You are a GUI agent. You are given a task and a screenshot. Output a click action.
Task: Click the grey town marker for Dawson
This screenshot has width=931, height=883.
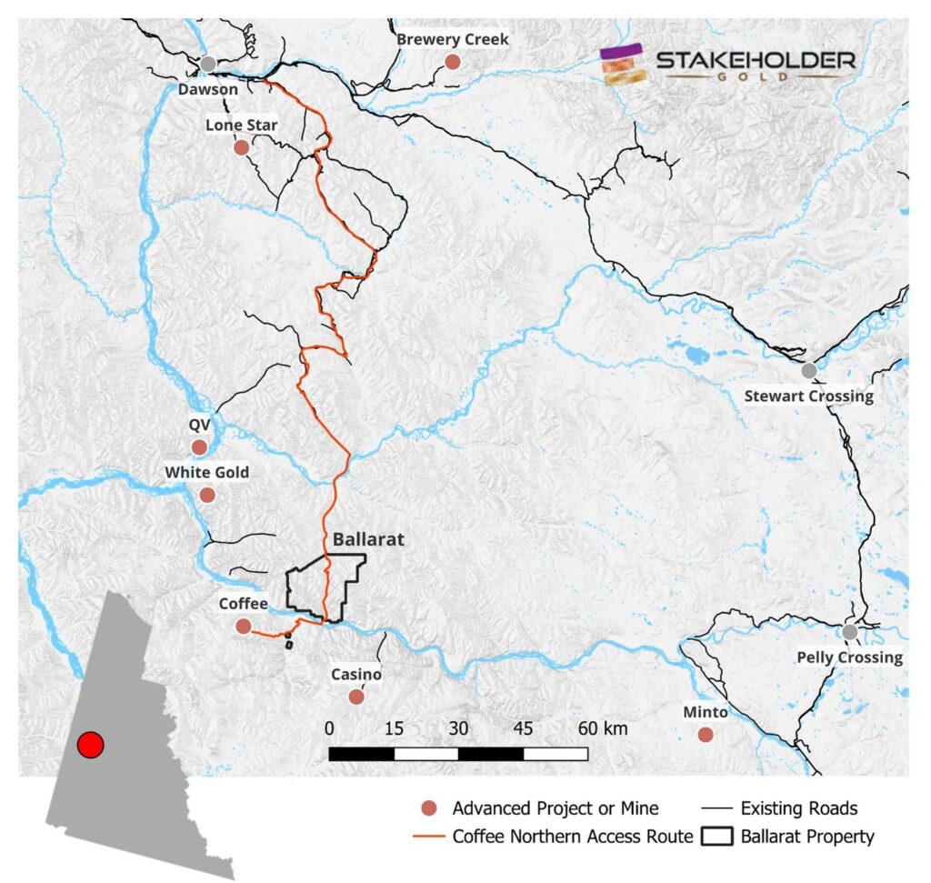pos(208,64)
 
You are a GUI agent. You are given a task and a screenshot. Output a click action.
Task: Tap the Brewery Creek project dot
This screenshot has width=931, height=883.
pos(452,62)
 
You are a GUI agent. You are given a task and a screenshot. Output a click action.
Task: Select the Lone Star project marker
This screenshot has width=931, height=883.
pos(241,147)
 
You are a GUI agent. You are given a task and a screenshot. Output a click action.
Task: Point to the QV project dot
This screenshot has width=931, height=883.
pos(199,447)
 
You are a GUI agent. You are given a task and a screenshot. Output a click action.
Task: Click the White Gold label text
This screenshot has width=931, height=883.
pos(206,473)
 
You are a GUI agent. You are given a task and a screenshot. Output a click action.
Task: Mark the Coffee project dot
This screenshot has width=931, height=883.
pos(244,626)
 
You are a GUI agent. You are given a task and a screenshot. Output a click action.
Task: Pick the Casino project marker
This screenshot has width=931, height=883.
pos(356,697)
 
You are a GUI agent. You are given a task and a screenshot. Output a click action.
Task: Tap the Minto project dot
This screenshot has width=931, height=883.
pos(706,735)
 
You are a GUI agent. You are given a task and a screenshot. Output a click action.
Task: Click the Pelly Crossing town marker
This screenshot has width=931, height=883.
pos(849,632)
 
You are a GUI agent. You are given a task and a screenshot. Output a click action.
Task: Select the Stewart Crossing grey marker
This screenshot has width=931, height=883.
pos(808,370)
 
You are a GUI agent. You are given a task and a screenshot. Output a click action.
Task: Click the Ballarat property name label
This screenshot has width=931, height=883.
pos(368,539)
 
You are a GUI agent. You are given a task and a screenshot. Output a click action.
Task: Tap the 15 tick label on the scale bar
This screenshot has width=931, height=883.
pos(394,728)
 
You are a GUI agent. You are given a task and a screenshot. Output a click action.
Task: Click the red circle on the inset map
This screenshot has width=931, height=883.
pos(90,746)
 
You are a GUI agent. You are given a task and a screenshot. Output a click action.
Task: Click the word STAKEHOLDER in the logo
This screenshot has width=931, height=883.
pos(755,61)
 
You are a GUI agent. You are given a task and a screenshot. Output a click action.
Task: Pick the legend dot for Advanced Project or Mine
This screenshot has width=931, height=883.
pos(431,808)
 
